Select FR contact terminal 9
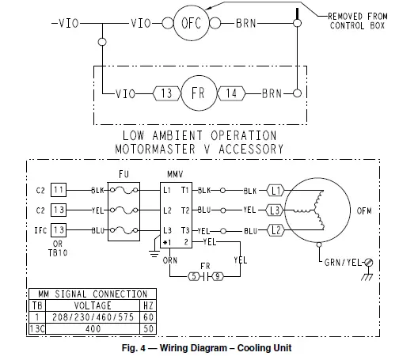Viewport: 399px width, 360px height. [215, 277]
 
